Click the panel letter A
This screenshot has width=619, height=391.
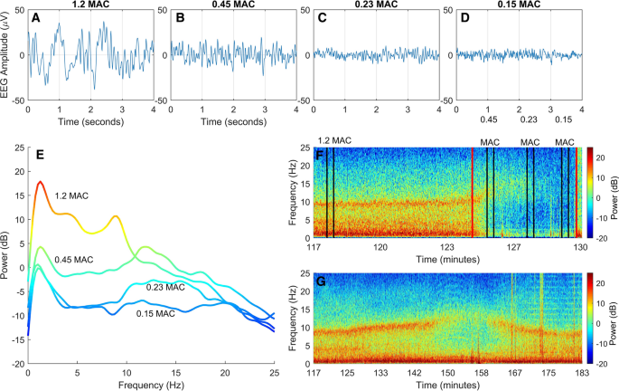pyautogui.click(x=35, y=17)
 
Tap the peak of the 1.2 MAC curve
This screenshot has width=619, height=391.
pyautogui.click(x=41, y=182)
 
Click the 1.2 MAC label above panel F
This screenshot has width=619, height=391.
pyautogui.click(x=334, y=140)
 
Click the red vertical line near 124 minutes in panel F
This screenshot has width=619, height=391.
pyautogui.click(x=472, y=193)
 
